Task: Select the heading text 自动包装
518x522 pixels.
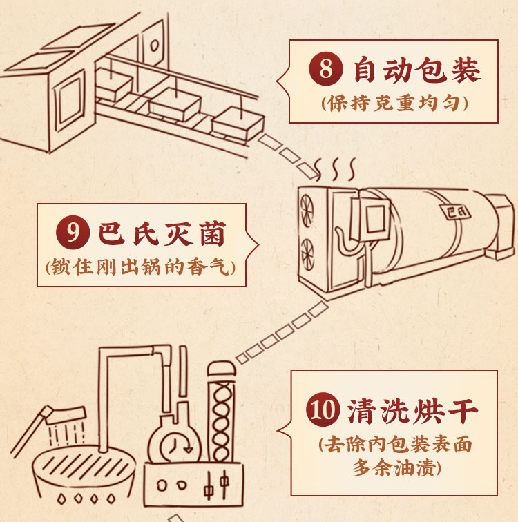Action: point(417,72)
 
